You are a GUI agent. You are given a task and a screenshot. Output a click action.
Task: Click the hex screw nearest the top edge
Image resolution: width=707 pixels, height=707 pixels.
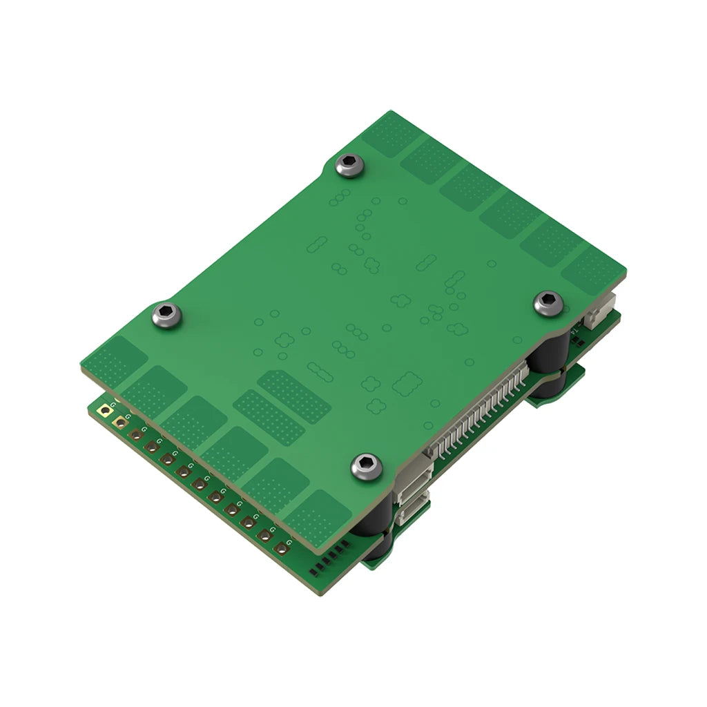349,166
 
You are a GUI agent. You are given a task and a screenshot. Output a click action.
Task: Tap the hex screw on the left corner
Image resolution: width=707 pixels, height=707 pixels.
166,316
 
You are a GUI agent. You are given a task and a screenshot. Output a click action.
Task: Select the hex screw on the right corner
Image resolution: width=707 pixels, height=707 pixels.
549,303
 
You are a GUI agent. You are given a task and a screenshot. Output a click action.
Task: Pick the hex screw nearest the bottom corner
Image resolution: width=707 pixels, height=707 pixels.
367,467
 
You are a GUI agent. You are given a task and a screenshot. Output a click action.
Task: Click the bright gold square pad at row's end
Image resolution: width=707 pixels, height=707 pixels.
105,411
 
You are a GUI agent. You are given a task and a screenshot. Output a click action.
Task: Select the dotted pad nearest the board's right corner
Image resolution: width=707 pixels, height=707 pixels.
590,271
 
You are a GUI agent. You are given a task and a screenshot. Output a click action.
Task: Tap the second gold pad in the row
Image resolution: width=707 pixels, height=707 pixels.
121,423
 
